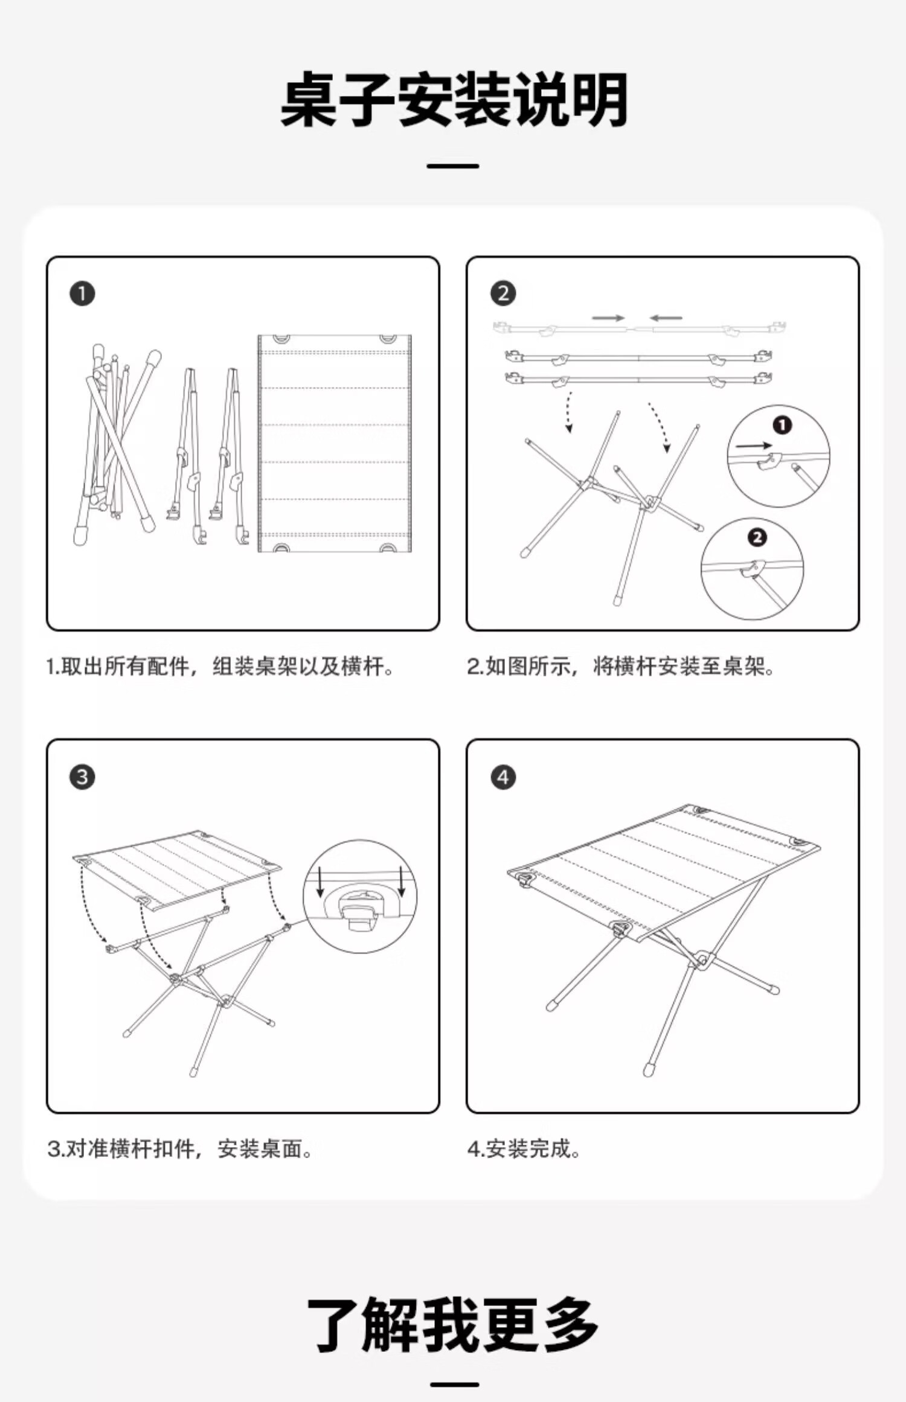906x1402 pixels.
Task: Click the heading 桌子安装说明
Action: pos(454,100)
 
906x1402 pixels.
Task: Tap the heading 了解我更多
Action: pos(453,1325)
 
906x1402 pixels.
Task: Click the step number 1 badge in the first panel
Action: pos(82,294)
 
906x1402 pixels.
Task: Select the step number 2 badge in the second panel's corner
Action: pos(503,294)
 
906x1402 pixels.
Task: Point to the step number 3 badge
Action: pos(82,777)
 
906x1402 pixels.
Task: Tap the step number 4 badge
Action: pos(503,777)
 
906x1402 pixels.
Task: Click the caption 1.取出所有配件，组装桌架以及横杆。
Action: pos(220,667)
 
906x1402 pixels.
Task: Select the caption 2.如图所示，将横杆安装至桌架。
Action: pos(620,667)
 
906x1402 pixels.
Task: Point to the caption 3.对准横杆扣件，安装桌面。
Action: pos(179,1149)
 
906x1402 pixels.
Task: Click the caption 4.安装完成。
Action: pos(524,1149)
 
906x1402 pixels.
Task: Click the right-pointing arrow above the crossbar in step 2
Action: pos(608,318)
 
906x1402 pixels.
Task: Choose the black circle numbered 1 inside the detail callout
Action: pos(782,425)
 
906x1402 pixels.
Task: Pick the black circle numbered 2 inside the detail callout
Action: pos(757,537)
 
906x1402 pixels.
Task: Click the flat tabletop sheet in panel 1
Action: pos(334,444)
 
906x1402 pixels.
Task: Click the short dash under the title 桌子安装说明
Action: pos(453,166)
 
